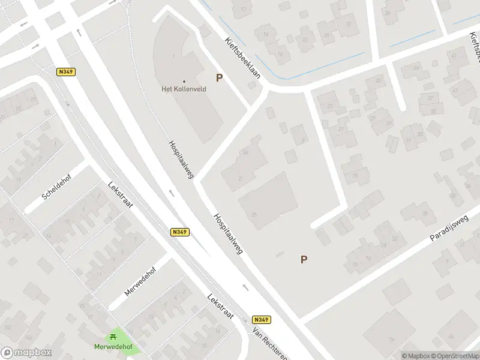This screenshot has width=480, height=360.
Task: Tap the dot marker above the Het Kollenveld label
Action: tap(184, 82)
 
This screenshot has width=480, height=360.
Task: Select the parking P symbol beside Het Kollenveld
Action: tap(219, 78)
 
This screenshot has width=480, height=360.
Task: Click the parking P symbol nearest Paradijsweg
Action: tap(304, 259)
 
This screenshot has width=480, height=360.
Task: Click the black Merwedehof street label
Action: tap(140, 281)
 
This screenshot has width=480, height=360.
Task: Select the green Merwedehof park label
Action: tap(113, 347)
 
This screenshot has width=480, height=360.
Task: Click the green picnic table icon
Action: tap(113, 337)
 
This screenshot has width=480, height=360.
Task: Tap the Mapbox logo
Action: tap(26, 353)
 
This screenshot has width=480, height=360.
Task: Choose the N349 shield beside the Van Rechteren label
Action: tap(261, 320)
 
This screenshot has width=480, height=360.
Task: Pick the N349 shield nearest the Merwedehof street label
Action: tap(179, 232)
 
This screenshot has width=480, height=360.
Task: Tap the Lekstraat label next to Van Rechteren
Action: tap(220, 306)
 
